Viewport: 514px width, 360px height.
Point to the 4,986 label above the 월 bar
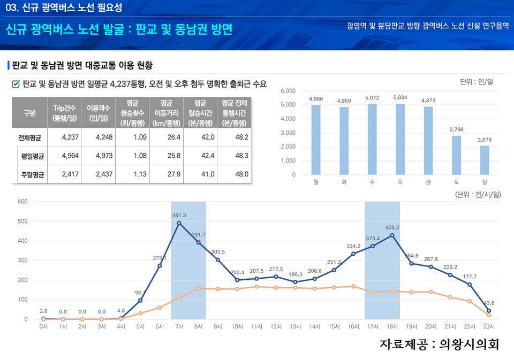pos(316,99)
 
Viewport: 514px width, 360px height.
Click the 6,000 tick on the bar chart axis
pos(288,91)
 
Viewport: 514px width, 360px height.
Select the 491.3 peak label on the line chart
pos(179,215)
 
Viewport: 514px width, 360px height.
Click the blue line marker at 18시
pos(392,235)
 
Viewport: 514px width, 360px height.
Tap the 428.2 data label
pos(392,227)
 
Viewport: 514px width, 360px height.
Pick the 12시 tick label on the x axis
pos(276,326)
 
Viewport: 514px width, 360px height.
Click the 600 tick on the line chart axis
pos(22,202)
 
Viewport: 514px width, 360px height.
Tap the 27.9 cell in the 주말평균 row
pos(165,174)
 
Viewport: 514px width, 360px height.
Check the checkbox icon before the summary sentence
pos(16,83)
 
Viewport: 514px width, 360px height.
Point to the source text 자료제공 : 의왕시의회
pos(439,344)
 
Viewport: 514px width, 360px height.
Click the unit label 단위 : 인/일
pos(477,81)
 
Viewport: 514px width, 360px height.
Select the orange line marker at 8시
pos(198,288)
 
